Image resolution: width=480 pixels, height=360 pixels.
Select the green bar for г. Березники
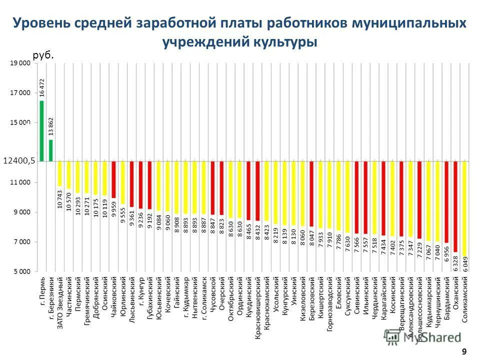[x=50, y=150]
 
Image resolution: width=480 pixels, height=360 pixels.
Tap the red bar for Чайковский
[x=113, y=179]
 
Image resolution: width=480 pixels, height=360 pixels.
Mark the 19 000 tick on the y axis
[x=19, y=63]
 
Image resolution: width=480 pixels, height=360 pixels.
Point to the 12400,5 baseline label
[x=18, y=160]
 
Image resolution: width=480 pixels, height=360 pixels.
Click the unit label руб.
[x=43, y=56]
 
